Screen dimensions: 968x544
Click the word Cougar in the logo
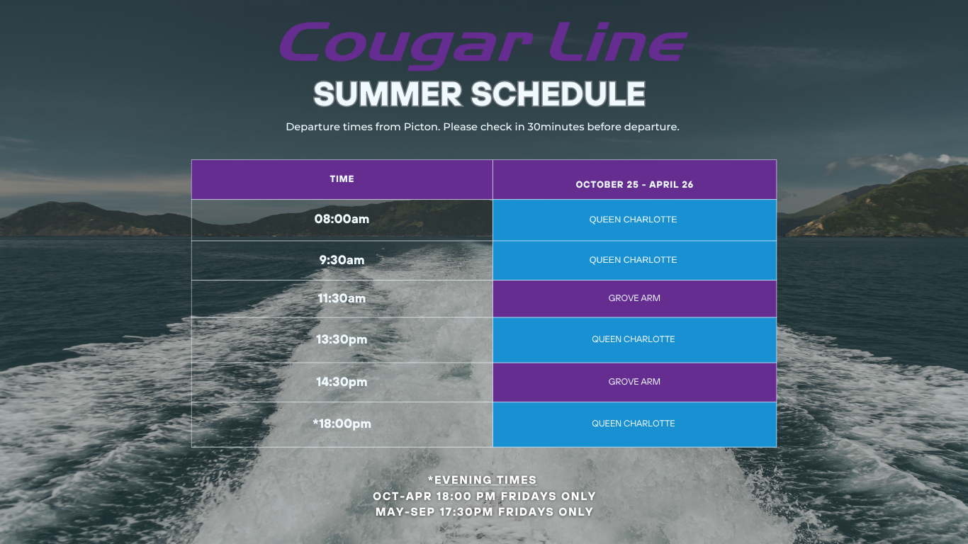(405, 45)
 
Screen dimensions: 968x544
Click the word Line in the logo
(618, 42)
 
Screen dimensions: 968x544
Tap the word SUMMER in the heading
(388, 93)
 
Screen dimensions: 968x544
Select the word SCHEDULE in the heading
(558, 93)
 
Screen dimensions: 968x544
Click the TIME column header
(342, 179)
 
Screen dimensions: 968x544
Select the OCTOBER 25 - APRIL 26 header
(634, 184)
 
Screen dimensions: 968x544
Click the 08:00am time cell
(342, 219)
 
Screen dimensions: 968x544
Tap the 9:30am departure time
(342, 260)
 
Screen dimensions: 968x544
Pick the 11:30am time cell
(342, 298)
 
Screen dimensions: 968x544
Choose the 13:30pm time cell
(342, 339)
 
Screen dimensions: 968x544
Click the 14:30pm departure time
(342, 382)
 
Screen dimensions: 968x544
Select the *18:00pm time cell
(342, 424)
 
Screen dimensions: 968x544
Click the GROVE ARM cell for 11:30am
(634, 298)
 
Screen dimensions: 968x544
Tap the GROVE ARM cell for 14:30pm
(634, 382)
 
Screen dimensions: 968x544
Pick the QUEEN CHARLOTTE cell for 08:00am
(634, 220)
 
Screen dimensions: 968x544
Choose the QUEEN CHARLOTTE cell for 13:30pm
(634, 339)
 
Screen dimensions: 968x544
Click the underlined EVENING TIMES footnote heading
(485, 480)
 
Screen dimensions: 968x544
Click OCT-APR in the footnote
(403, 496)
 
